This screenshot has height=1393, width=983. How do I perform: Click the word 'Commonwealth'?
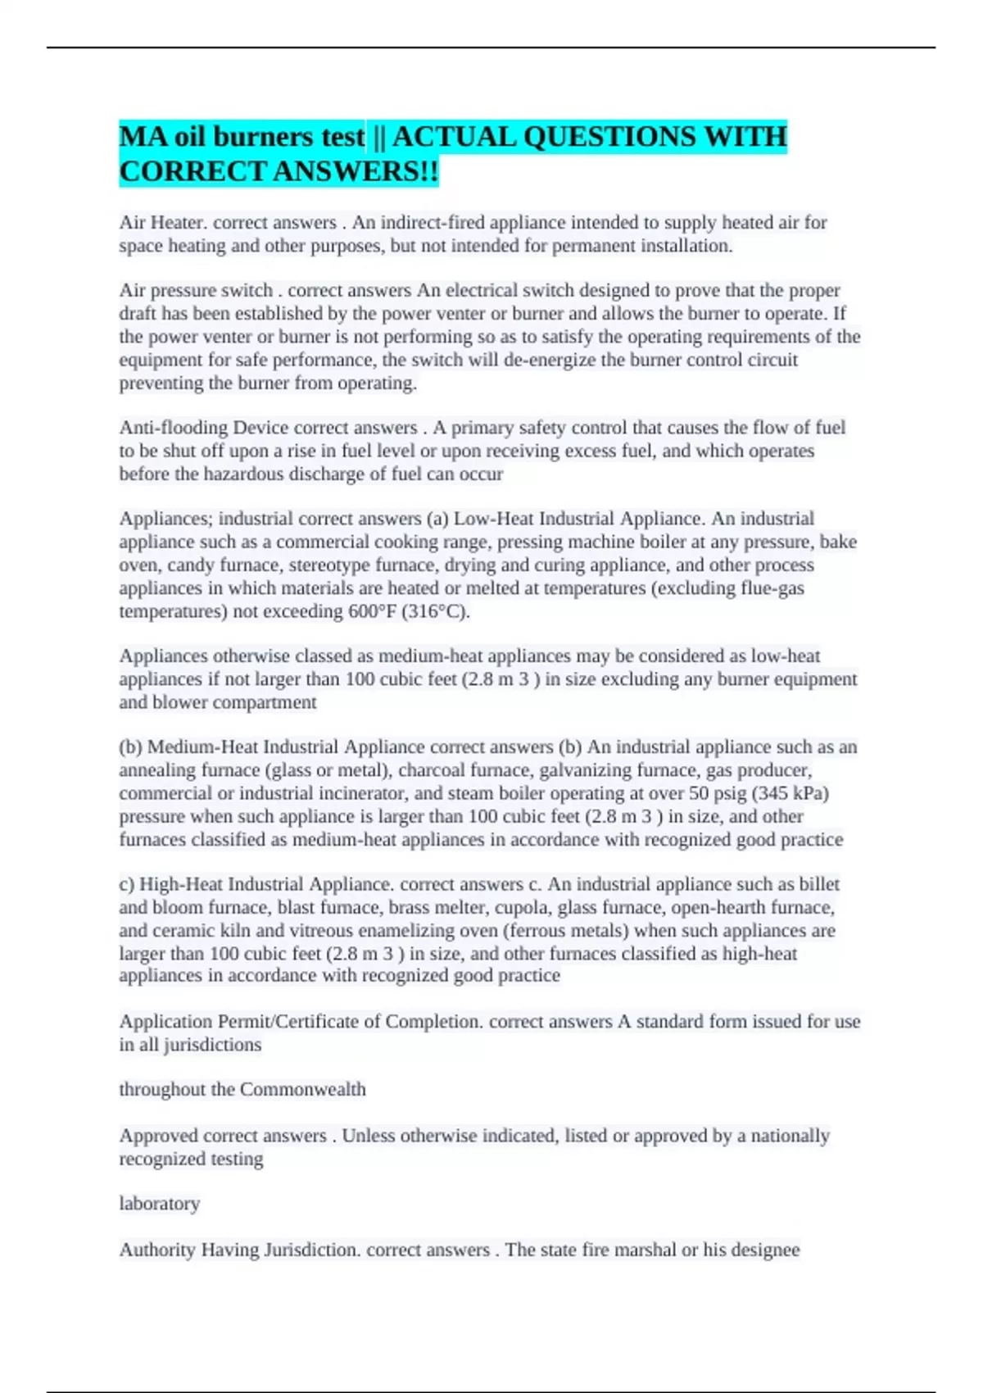[302, 1090]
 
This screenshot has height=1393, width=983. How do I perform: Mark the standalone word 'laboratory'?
[160, 1204]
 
